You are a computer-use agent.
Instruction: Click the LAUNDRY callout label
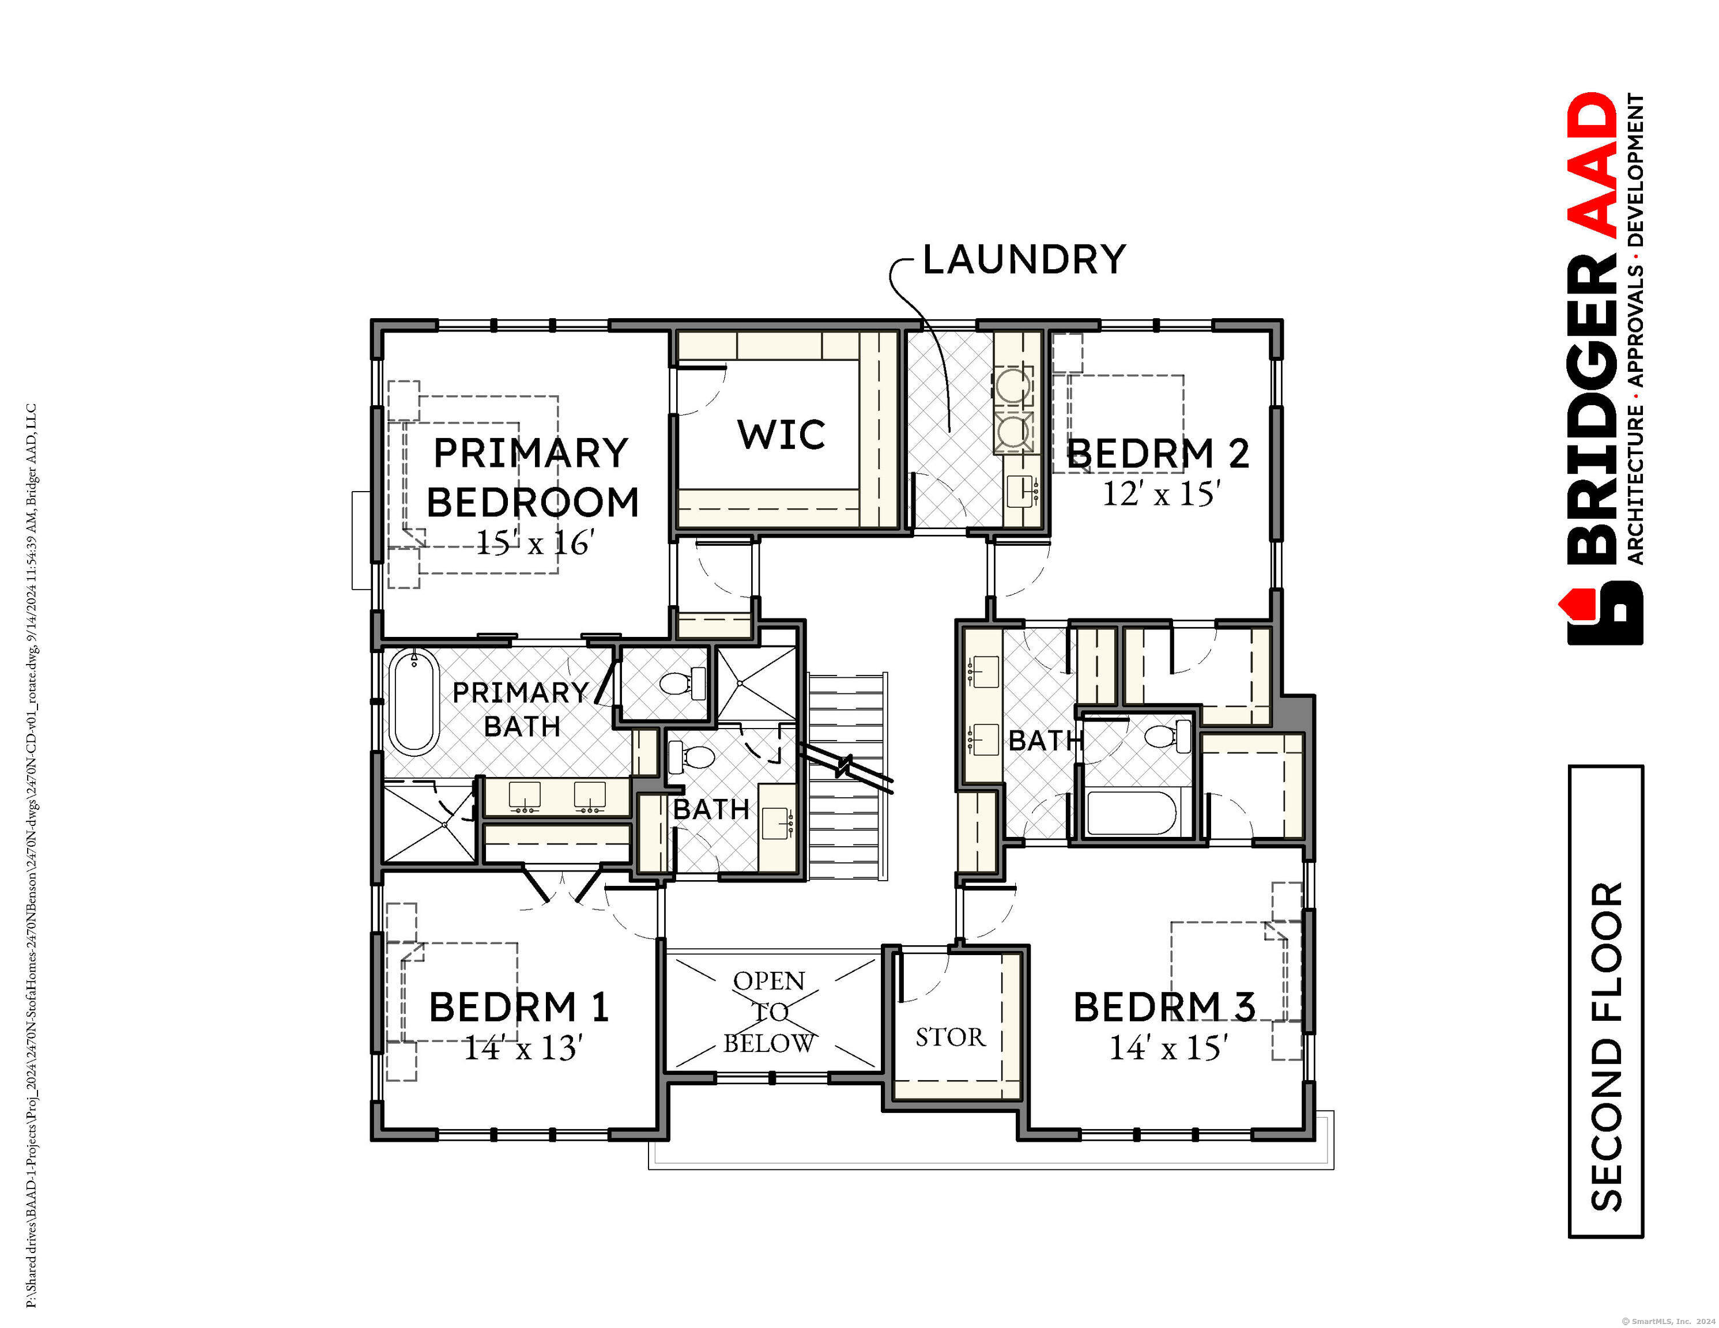(x=1024, y=260)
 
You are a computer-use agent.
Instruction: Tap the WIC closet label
(x=782, y=435)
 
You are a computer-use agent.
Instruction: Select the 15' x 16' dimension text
(x=534, y=542)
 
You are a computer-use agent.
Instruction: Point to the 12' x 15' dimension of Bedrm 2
(x=1161, y=493)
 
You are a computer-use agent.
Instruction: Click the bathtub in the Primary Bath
(x=414, y=701)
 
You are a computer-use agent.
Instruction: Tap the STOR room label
(x=950, y=1037)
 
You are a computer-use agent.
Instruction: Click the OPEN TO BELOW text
(x=769, y=1012)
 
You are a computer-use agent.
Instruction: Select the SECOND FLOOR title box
(x=1607, y=1001)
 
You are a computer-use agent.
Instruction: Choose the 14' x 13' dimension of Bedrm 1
(x=523, y=1048)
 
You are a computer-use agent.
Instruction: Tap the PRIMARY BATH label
(x=521, y=710)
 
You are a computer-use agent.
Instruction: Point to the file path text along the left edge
(x=32, y=856)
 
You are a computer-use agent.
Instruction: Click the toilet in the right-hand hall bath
(x=1169, y=736)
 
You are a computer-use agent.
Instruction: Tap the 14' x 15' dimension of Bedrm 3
(x=1169, y=1048)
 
